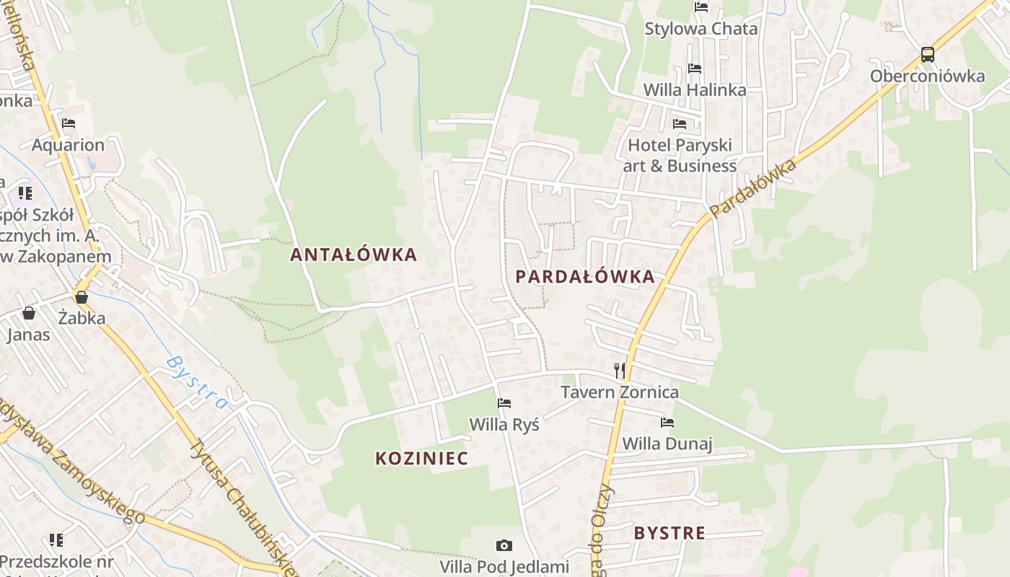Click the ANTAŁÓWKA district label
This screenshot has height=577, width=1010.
[353, 255]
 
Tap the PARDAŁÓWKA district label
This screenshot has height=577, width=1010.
[585, 276]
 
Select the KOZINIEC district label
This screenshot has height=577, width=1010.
[421, 458]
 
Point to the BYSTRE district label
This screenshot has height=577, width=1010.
[669, 533]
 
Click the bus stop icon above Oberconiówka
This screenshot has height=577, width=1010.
[927, 55]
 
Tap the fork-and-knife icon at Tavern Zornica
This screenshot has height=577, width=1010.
[620, 371]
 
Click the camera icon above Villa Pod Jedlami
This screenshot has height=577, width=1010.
[504, 546]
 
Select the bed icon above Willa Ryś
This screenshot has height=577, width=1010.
[504, 403]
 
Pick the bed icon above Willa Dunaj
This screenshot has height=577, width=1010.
[667, 423]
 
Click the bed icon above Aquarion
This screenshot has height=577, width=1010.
[69, 123]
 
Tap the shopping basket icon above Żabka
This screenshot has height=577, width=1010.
[82, 297]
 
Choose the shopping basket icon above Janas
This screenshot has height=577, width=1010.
[29, 313]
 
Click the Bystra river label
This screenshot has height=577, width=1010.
[196, 382]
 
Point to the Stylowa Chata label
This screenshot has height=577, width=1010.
[701, 29]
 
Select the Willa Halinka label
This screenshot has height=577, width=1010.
[694, 90]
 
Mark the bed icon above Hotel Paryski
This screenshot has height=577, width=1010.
[680, 124]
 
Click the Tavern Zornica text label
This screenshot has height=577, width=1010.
[620, 392]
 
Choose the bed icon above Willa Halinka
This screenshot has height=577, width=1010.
[694, 69]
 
